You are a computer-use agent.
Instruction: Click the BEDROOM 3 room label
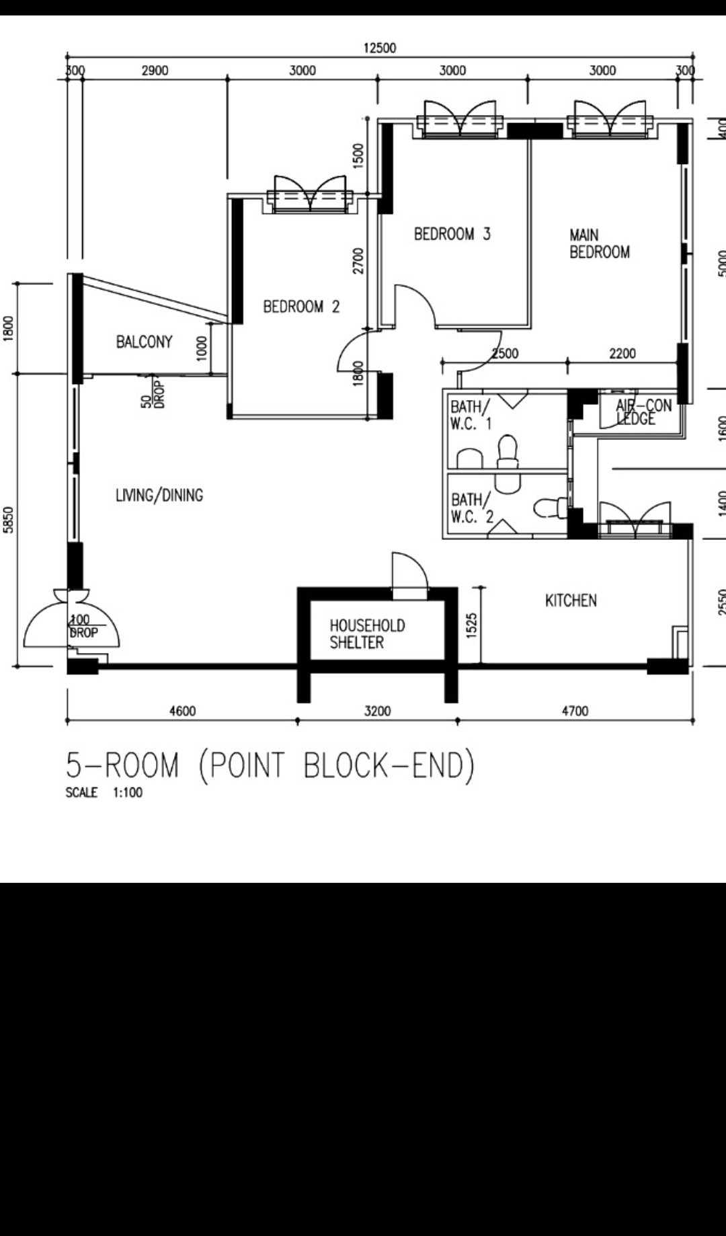pos(452,234)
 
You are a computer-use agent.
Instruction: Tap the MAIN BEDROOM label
pos(600,243)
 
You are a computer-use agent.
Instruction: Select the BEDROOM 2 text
pos(301,307)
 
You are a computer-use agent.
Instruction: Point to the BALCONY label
pos(144,342)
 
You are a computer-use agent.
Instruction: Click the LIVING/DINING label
pos(159,495)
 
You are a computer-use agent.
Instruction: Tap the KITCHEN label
pos(571,601)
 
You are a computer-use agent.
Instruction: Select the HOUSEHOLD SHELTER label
pos(367,634)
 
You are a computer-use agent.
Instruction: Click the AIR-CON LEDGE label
pos(643,412)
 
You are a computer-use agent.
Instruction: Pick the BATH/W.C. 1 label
pos(471,415)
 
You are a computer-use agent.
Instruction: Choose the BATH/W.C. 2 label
pos(472,508)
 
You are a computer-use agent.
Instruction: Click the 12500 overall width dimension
pos(380,48)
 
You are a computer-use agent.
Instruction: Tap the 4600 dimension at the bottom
pos(182,711)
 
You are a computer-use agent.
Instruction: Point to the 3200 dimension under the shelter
pos(377,711)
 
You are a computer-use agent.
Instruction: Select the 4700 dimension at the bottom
pos(575,711)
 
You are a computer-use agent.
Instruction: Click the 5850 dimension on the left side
pos(8,520)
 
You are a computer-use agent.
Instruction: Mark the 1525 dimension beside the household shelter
pos(471,625)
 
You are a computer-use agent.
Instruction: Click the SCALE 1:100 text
pos(104,792)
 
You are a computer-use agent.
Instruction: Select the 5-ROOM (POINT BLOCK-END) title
pos(270,766)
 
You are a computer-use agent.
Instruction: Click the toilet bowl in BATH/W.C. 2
pos(551,508)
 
